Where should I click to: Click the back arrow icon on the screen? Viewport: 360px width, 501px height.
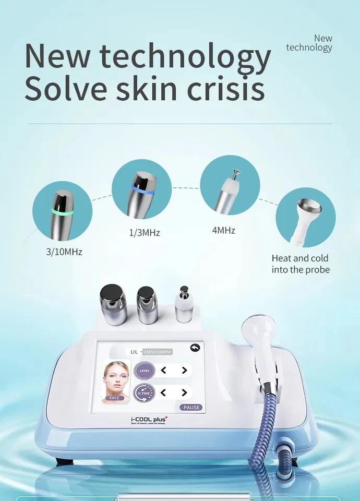click(x=196, y=348)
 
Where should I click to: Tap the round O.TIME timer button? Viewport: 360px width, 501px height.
click(x=145, y=392)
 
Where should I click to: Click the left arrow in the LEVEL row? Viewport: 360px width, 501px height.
click(x=163, y=371)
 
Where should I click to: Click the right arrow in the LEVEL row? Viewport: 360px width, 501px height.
click(x=184, y=371)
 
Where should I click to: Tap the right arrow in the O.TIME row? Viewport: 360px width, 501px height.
click(x=184, y=392)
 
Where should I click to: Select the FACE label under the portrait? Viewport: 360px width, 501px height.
click(x=115, y=398)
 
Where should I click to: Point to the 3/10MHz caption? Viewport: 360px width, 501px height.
click(x=64, y=252)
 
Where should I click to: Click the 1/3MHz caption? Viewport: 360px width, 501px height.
click(x=144, y=233)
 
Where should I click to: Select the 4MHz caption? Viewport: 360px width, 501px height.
click(x=223, y=230)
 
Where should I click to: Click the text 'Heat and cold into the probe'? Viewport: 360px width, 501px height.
click(x=300, y=264)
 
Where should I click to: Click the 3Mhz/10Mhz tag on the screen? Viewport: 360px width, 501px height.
click(x=158, y=352)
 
